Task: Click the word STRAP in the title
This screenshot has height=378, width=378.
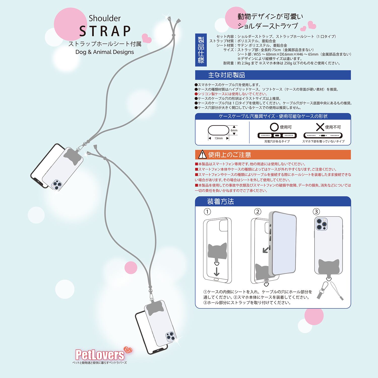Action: [x=105, y=31]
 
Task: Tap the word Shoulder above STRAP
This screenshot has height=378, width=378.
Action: [x=105, y=18]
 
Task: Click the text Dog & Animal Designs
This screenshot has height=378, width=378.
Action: [x=105, y=52]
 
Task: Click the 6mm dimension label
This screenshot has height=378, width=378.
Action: [x=234, y=130]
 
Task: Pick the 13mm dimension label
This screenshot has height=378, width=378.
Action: [x=218, y=138]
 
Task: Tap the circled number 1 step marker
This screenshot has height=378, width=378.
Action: [x=207, y=211]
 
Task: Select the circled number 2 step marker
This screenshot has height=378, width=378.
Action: [x=258, y=211]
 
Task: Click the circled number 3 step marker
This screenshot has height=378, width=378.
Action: [x=316, y=211]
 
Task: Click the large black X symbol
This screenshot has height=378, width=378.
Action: [x=320, y=127]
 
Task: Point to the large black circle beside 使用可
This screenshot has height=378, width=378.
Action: [x=274, y=127]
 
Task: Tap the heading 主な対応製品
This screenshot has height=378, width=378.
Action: [x=227, y=75]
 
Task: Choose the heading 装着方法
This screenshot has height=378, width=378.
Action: [x=220, y=201]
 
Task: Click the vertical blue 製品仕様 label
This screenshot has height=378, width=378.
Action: [x=201, y=50]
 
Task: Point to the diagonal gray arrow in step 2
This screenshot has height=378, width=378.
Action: [x=266, y=249]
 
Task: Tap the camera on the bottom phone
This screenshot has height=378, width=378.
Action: [x=171, y=337]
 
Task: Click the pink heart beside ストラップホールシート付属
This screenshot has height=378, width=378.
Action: [x=147, y=38]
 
